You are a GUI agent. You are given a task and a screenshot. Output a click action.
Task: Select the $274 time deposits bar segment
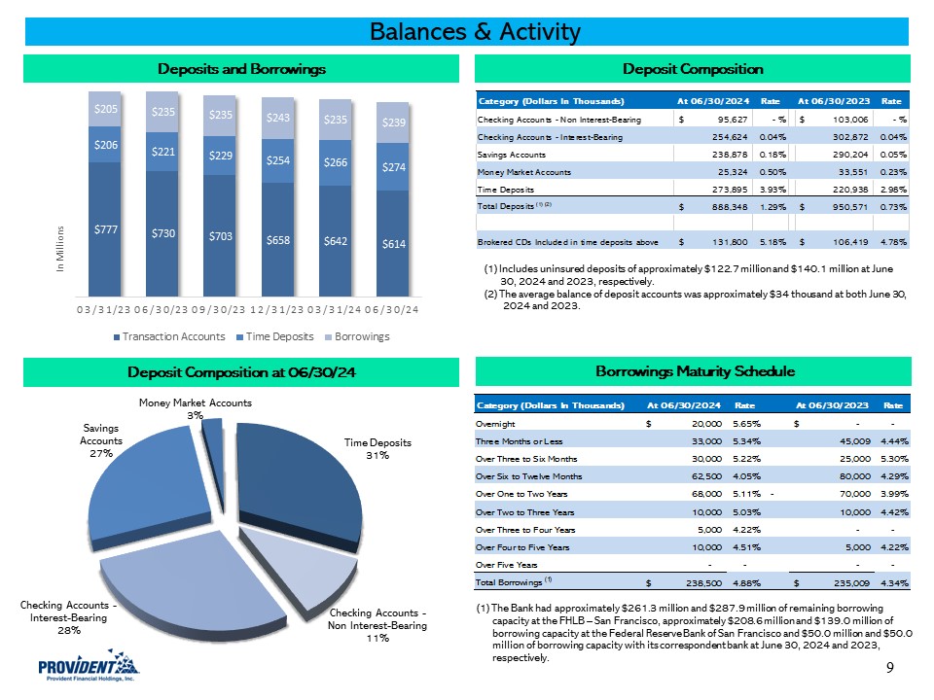(x=393, y=166)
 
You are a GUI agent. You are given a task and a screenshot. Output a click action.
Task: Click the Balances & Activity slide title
(x=475, y=32)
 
